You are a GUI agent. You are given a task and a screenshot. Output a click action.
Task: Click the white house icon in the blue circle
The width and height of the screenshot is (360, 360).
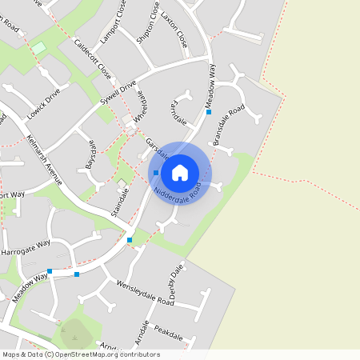pos(180,173)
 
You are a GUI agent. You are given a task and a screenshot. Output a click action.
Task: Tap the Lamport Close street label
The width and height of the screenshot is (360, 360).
pos(113,28)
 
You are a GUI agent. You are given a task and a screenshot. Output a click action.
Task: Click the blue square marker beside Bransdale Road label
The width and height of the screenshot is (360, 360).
pos(209,112)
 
